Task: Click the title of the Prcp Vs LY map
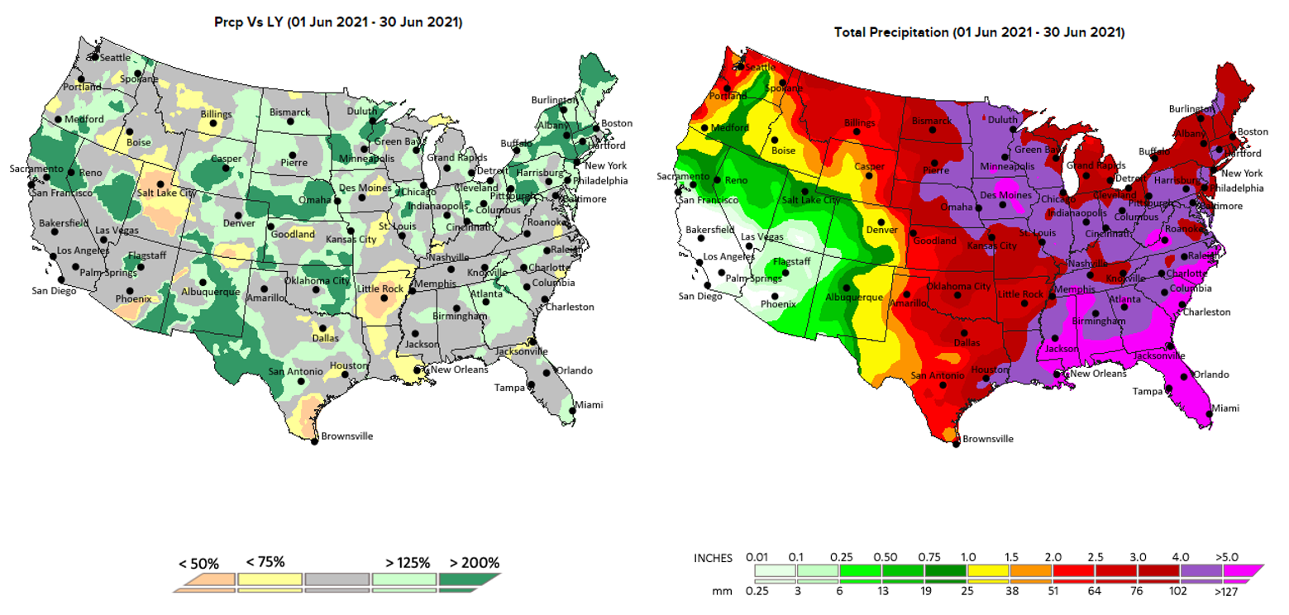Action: click(337, 22)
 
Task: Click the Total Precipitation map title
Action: click(981, 33)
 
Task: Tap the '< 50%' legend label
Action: click(198, 565)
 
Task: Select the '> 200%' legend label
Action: click(474, 563)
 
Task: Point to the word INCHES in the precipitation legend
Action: click(712, 558)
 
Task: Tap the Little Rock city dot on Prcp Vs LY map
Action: click(384, 298)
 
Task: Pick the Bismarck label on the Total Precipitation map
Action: click(931, 121)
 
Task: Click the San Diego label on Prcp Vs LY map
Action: click(55, 290)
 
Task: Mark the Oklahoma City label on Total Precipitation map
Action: click(958, 287)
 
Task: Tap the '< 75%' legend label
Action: click(265, 563)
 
